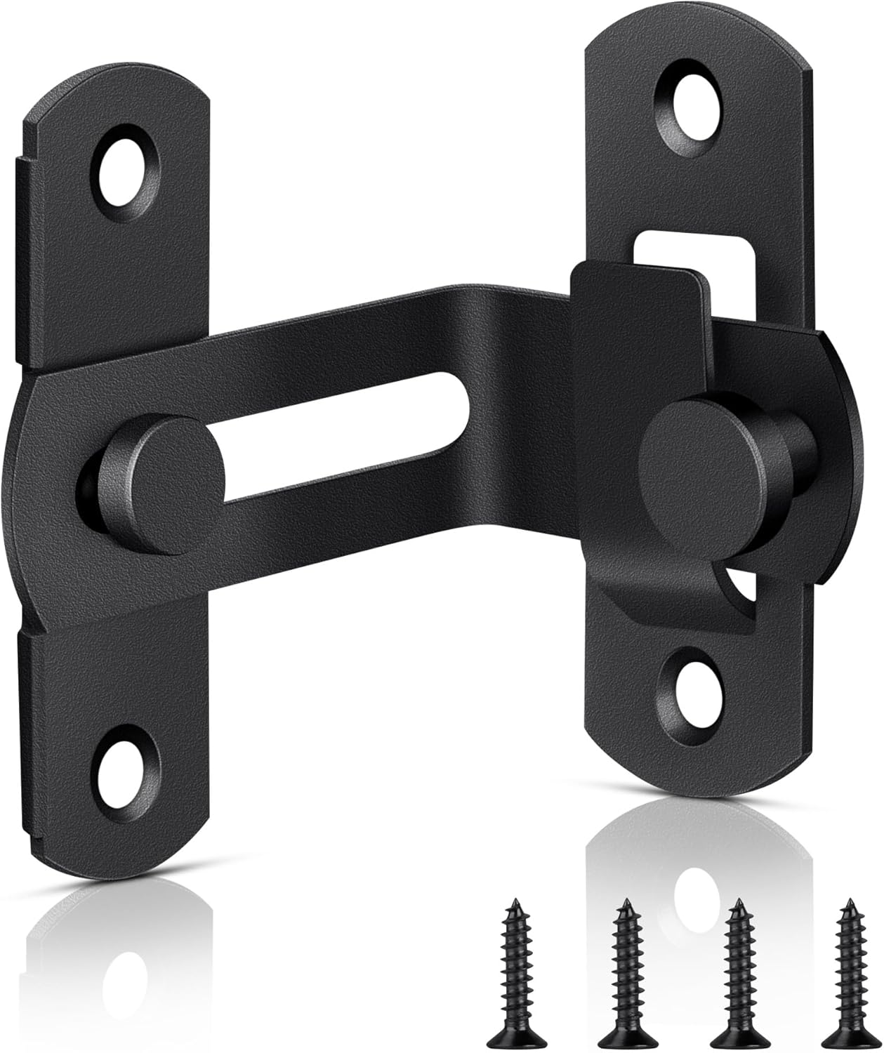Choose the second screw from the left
[x=625, y=965]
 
